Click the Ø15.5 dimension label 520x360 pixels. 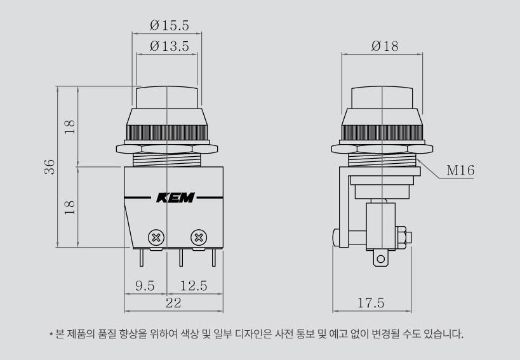[169, 25]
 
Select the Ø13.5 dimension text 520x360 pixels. [169, 46]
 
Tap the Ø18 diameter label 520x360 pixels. [385, 46]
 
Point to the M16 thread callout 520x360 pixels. [460, 170]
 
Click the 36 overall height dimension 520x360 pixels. [50, 167]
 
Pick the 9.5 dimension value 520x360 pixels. [145, 286]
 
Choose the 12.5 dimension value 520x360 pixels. [194, 286]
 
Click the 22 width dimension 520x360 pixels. [173, 303]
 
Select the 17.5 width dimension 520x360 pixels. [371, 303]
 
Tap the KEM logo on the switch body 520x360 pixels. [175, 197]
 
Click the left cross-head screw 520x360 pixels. [156, 237]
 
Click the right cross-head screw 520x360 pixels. [199, 237]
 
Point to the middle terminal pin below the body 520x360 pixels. [181, 258]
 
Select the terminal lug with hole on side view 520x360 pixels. [381, 258]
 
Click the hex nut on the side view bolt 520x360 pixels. [401, 237]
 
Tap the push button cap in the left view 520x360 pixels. [167, 97]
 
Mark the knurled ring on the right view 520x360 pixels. [382, 133]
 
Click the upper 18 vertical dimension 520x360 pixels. [70, 127]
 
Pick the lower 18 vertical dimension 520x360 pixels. [70, 208]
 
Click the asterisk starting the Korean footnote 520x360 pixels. [51, 334]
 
